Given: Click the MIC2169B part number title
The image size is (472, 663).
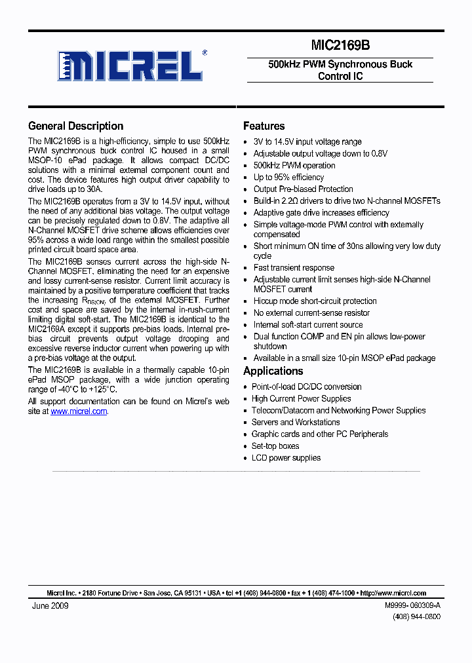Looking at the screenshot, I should (340, 45).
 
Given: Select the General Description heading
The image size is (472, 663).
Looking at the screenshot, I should (75, 126).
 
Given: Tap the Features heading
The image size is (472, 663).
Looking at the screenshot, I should (264, 126).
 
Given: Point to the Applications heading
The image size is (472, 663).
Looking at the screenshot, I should (273, 371).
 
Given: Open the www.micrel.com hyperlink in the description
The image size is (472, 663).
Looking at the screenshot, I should (79, 411).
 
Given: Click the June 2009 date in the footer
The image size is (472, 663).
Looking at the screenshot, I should (50, 605).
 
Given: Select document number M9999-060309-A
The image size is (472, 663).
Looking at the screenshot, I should (412, 606).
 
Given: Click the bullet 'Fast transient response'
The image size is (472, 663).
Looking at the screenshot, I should (294, 267).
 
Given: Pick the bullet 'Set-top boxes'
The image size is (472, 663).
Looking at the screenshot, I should (275, 445).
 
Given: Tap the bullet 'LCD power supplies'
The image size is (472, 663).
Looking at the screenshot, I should (286, 457).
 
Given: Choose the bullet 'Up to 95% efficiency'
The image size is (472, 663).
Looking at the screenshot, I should (288, 177).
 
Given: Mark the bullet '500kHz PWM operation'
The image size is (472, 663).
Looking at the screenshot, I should (294, 165).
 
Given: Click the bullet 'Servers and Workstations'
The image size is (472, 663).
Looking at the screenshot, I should (295, 422).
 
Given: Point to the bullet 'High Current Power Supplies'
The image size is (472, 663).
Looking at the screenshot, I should (301, 398).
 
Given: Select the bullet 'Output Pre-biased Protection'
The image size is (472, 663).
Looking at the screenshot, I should (303, 189).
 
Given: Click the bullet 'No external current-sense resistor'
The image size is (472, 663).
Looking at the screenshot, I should (311, 313).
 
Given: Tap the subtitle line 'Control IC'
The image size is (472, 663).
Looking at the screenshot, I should (340, 76).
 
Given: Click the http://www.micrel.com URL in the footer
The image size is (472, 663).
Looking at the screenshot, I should (393, 593).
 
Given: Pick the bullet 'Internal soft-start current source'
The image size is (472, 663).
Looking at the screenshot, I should (308, 324).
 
